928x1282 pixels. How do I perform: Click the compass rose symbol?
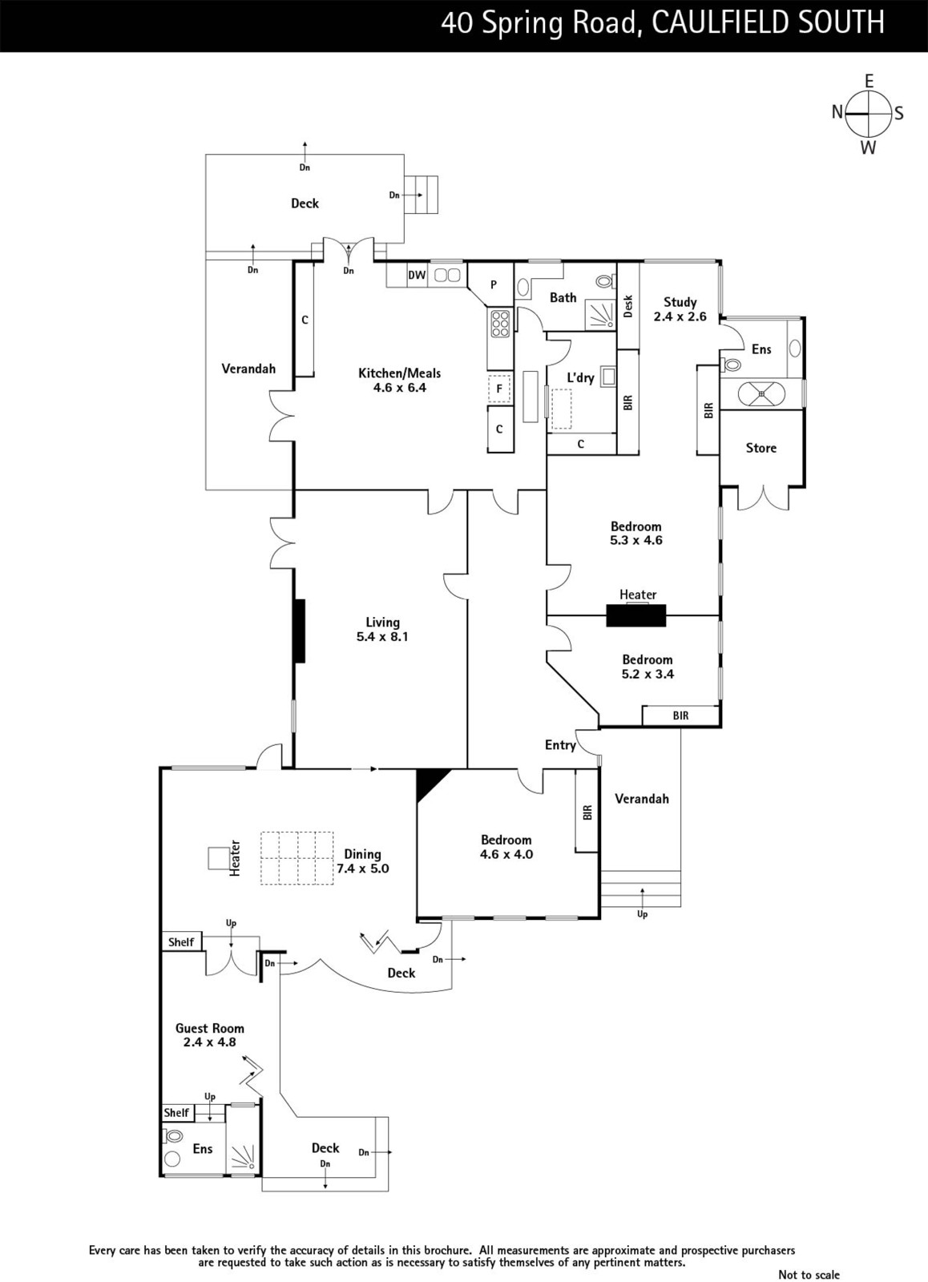click(869, 114)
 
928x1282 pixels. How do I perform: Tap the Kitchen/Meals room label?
click(400, 373)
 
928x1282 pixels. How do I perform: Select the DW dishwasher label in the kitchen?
click(417, 276)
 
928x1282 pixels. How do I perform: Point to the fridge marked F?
click(499, 389)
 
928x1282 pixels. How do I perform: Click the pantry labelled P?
click(494, 284)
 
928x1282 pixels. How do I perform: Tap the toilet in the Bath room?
click(604, 281)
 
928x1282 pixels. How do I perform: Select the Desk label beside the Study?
click(628, 306)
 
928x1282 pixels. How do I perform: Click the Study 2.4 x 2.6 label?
click(680, 309)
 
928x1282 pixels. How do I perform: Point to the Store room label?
click(761, 448)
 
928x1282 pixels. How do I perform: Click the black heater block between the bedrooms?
click(636, 615)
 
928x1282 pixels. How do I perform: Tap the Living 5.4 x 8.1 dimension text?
click(382, 636)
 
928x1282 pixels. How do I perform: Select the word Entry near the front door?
click(560, 744)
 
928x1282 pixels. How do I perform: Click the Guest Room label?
click(209, 1028)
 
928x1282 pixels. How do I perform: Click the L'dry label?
click(580, 377)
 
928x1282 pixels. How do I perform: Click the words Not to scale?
click(809, 1274)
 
